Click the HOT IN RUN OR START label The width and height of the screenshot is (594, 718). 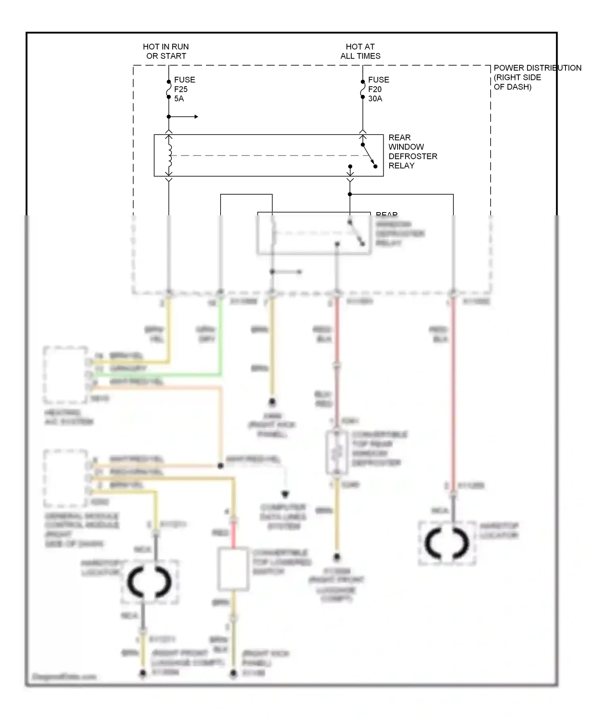pos(166,51)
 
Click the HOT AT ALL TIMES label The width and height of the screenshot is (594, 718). pos(360,51)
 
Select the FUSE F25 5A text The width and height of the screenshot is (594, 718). pos(184,89)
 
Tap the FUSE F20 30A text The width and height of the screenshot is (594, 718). pos(378,89)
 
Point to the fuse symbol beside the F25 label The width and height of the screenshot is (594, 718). pos(169,89)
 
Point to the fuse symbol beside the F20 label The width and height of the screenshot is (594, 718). pos(362,89)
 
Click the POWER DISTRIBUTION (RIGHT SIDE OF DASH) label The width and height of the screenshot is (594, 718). pos(537,77)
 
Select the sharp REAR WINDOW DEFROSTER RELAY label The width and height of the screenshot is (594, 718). pos(412,152)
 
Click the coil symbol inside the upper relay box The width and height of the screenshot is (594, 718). pos(170,155)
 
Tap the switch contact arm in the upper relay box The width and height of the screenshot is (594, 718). pos(368,155)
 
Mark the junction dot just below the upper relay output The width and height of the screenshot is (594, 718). pos(350,194)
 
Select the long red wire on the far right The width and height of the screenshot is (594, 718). pos(453,396)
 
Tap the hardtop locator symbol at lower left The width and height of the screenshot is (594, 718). pos(149,582)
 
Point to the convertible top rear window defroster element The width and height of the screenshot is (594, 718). pos(336,452)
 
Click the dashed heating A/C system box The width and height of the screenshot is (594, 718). pos(65,374)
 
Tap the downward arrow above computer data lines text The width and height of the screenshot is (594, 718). pos(285,494)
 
